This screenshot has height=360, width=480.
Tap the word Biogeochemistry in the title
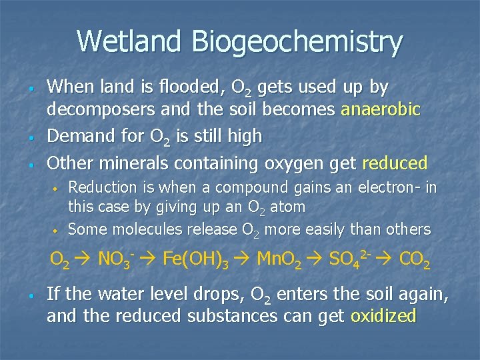coord(297,42)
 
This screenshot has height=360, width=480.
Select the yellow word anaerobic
coord(381,110)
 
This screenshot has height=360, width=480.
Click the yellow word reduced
coord(395,163)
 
